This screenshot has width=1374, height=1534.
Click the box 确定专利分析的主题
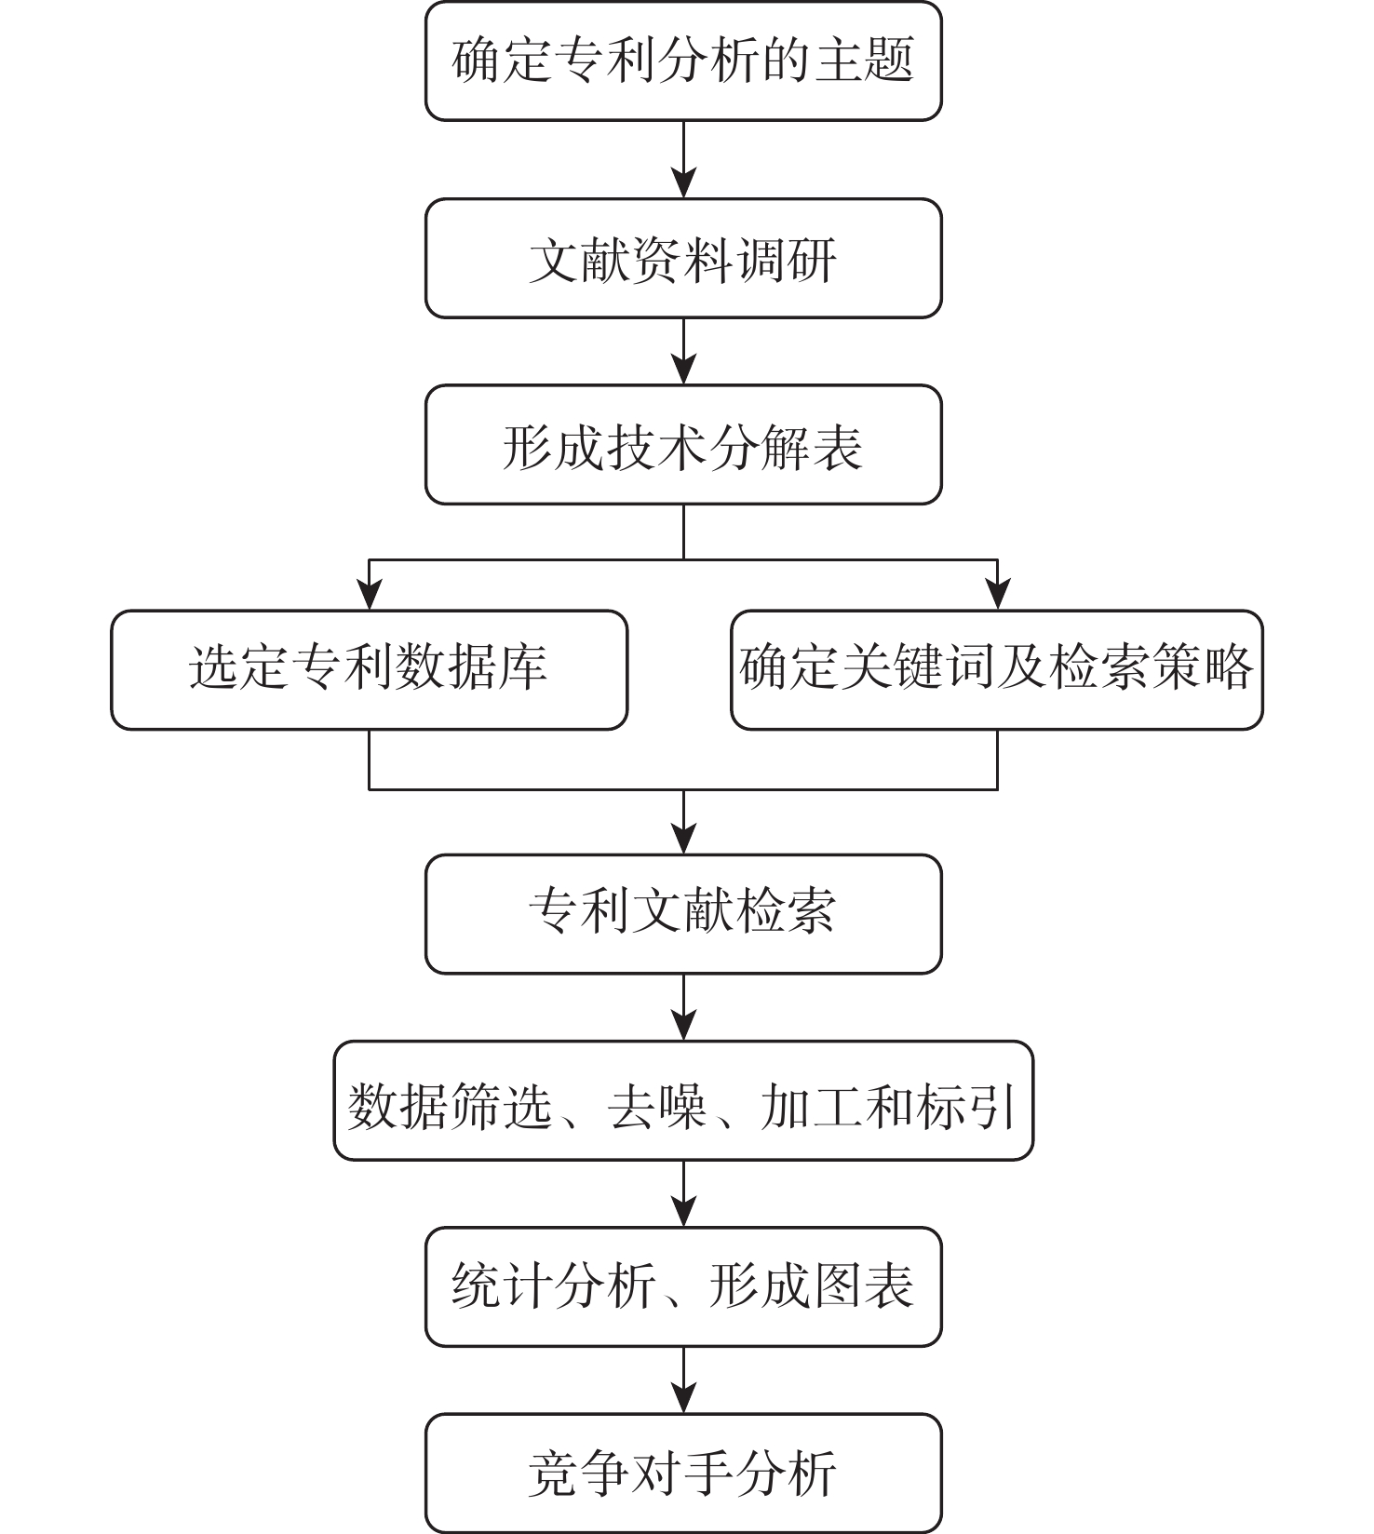tap(683, 61)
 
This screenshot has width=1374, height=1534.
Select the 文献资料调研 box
tap(683, 258)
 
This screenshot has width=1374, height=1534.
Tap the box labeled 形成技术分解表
tap(683, 445)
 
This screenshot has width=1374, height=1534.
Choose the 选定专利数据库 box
tap(370, 669)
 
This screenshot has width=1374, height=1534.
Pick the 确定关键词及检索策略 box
tap(997, 669)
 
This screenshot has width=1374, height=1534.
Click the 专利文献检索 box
tap(683, 914)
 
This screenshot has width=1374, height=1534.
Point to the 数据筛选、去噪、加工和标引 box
tap(683, 1100)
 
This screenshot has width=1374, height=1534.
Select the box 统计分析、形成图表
tap(683, 1286)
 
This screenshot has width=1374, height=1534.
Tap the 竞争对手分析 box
tap(683, 1473)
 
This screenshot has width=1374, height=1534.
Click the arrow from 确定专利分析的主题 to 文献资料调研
tap(684, 159)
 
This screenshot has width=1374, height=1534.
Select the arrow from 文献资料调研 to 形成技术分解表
tap(684, 352)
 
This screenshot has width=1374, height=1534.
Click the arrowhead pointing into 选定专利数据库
tap(370, 595)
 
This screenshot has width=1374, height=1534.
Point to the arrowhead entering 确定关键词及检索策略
tap(998, 595)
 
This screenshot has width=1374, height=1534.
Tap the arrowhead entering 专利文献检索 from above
tap(684, 839)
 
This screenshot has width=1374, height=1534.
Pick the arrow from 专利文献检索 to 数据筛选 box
tap(684, 1007)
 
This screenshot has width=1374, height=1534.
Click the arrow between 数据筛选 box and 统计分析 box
tap(684, 1193)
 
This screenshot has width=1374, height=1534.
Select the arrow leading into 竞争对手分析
tap(684, 1380)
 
